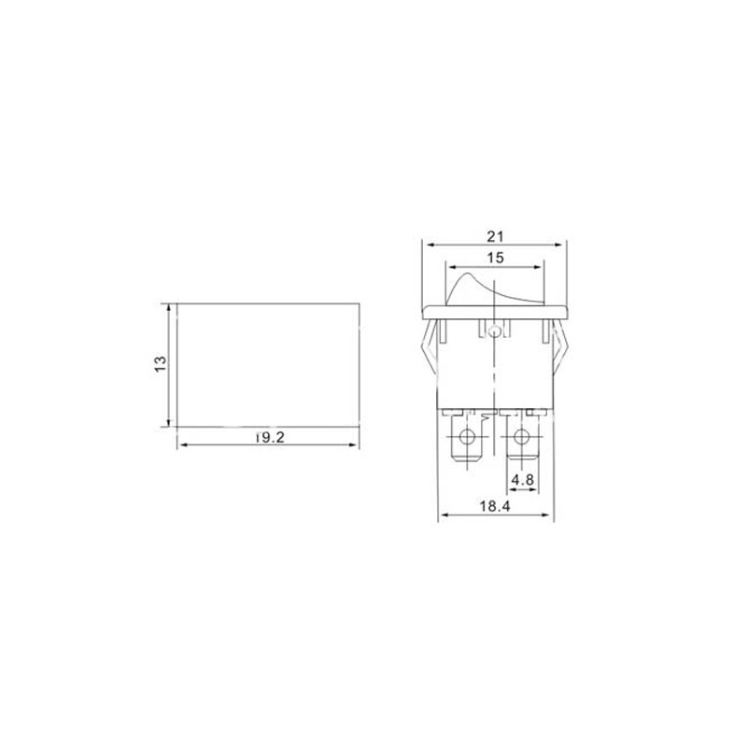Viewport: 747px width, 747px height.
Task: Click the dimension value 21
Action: click(x=495, y=236)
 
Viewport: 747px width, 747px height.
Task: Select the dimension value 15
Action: click(x=496, y=258)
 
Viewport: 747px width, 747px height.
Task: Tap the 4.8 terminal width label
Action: click(x=523, y=480)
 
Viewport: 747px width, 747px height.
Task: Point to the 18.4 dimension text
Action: click(x=495, y=506)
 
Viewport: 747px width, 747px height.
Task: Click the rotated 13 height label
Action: click(x=161, y=364)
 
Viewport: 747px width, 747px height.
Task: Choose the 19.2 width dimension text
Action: click(x=270, y=437)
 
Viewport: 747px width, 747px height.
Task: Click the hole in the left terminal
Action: click(x=466, y=435)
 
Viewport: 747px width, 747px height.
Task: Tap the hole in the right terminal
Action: click(x=522, y=436)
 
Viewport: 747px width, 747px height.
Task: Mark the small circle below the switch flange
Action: click(x=495, y=331)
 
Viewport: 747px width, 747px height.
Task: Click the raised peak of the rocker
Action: click(x=469, y=275)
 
